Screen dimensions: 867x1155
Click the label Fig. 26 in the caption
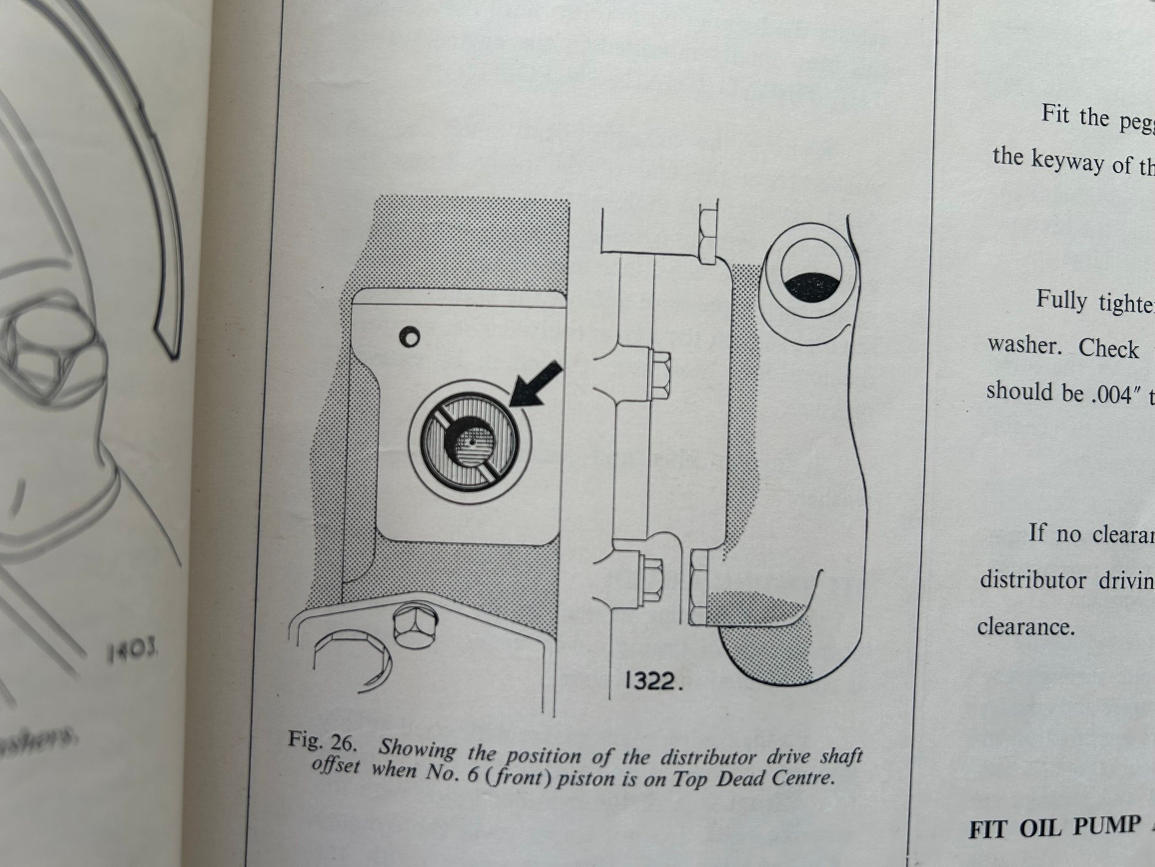(x=315, y=741)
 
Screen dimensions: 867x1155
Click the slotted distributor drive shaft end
(x=469, y=443)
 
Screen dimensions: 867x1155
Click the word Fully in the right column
(x=1061, y=299)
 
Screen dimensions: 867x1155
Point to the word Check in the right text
(x=1109, y=349)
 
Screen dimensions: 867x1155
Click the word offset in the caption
(x=336, y=766)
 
